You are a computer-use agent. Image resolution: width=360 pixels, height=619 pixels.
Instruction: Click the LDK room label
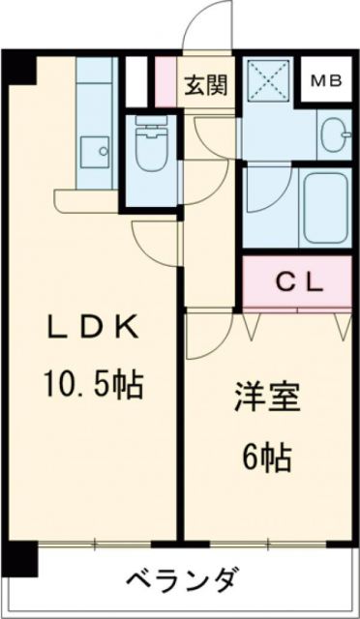click(95, 327)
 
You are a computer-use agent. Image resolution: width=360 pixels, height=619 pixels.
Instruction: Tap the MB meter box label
click(324, 80)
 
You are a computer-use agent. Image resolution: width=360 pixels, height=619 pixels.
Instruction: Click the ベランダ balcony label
click(181, 582)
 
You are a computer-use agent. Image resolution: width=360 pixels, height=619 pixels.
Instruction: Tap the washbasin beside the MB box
click(331, 134)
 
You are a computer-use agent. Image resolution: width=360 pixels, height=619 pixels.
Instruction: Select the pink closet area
click(296, 281)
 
